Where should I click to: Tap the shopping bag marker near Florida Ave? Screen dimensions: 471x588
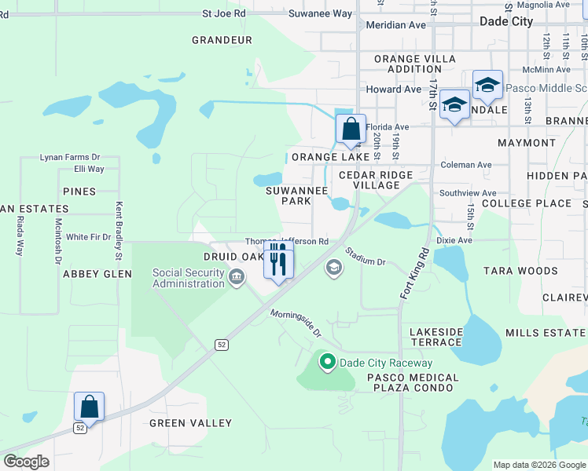click(351, 130)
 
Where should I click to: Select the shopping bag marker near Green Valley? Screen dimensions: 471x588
click(90, 407)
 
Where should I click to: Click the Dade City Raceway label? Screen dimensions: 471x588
click(385, 363)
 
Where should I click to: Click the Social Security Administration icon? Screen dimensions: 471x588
click(236, 277)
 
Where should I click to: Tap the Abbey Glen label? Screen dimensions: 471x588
click(97, 274)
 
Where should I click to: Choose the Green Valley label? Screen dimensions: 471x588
click(191, 423)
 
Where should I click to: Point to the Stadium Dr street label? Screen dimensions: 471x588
click(366, 257)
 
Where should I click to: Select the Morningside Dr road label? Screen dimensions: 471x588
click(296, 323)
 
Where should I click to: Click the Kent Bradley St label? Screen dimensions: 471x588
click(119, 232)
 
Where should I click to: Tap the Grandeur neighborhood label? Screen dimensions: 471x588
click(222, 40)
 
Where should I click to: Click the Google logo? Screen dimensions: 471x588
click(27, 462)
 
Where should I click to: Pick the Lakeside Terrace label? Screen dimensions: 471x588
click(447, 338)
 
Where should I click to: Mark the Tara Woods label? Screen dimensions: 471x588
click(520, 271)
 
